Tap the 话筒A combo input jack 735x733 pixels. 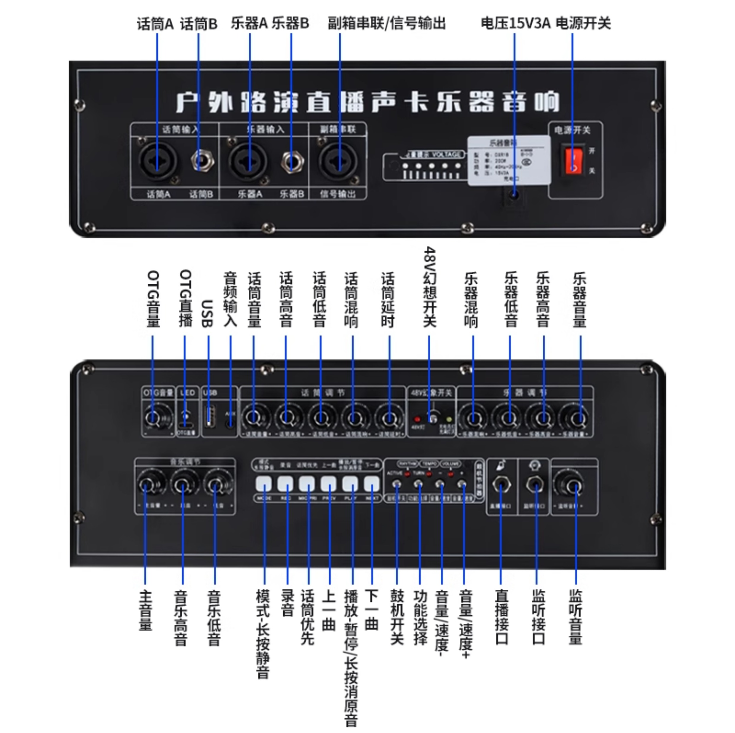[x=157, y=161]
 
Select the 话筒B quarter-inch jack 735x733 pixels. [x=202, y=161]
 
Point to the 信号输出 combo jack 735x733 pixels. [x=338, y=161]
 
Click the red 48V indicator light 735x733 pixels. [x=417, y=419]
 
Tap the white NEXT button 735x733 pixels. [x=372, y=484]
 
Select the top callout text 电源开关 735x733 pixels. [x=583, y=23]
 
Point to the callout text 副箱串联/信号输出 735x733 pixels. [x=386, y=23]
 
